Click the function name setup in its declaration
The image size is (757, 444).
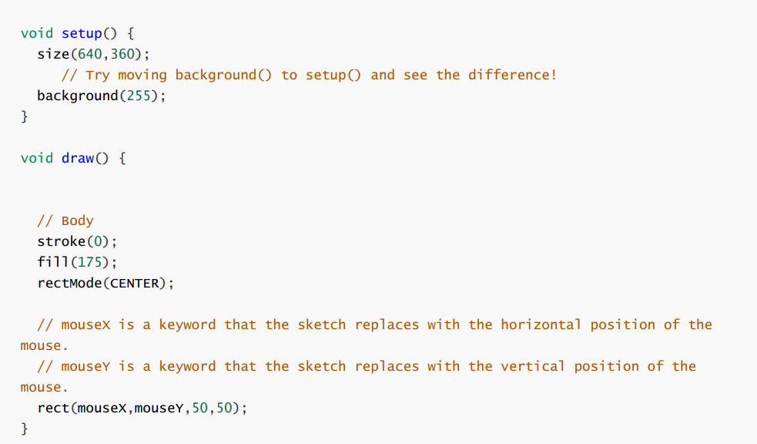[x=82, y=34]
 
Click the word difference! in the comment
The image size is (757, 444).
[x=512, y=75]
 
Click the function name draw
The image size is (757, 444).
[x=77, y=158]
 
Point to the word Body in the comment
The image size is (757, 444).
[x=78, y=221]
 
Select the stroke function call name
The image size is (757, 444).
[x=60, y=241]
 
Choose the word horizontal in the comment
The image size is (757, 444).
[x=541, y=325]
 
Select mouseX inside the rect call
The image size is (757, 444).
[x=102, y=408]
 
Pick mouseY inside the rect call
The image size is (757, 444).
[x=159, y=408]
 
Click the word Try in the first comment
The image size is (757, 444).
[x=98, y=75]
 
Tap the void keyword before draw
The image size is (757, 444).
[x=37, y=158]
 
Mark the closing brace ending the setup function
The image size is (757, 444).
[x=24, y=116]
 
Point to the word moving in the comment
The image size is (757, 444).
[x=142, y=75]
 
